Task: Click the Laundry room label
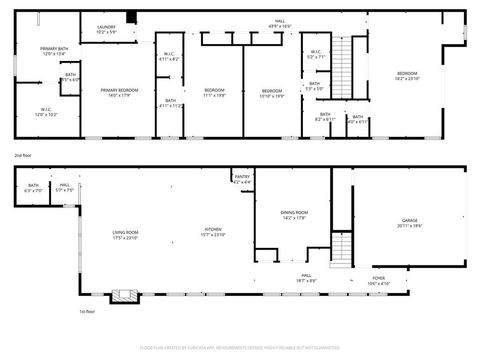106,30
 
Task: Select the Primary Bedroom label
119,93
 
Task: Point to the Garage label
409,222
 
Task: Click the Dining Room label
294,215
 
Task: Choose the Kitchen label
213,231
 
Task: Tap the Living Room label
125,234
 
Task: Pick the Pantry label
242,179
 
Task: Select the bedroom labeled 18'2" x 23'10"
407,76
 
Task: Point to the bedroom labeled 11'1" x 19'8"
214,93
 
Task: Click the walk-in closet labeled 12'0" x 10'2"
46,112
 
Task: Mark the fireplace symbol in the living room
123,295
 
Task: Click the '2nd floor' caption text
23,156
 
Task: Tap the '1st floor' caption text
87,311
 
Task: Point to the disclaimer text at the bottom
240,347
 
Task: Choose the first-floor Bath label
33,187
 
